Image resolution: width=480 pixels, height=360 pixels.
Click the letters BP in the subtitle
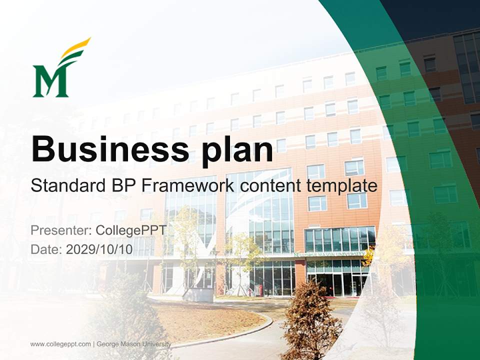[123, 185]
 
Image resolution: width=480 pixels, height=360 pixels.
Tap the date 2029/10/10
[99, 249]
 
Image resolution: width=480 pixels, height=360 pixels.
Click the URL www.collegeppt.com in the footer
[60, 344]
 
